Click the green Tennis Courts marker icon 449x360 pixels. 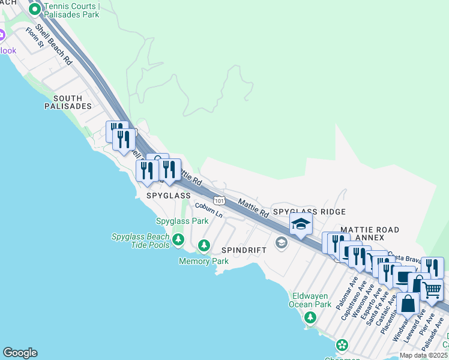[35, 9]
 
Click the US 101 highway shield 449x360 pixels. [220, 200]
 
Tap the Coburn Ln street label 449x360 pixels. [208, 210]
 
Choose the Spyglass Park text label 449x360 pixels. [182, 221]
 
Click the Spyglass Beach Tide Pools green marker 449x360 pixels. [178, 240]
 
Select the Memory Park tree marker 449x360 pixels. [204, 245]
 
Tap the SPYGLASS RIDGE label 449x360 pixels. [309, 212]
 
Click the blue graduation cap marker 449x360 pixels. [301, 225]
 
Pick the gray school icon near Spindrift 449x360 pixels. [280, 242]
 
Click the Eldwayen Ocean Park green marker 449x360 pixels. [310, 317]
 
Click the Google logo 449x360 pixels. [20, 353]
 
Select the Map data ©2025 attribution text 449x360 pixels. [424, 355]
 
